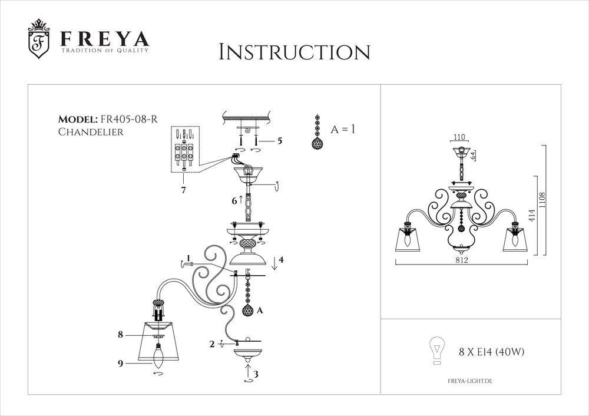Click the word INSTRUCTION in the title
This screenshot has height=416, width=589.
click(294, 52)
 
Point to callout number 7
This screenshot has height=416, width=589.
click(184, 190)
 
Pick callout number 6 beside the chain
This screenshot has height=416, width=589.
click(234, 201)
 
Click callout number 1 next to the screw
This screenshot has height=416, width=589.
click(188, 258)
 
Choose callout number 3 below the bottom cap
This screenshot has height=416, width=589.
click(255, 374)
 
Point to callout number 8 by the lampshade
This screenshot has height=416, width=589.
click(120, 335)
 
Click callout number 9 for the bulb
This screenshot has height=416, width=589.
click(120, 364)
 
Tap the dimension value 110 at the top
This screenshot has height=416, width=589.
click(459, 137)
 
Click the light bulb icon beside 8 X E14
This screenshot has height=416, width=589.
click(436, 352)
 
